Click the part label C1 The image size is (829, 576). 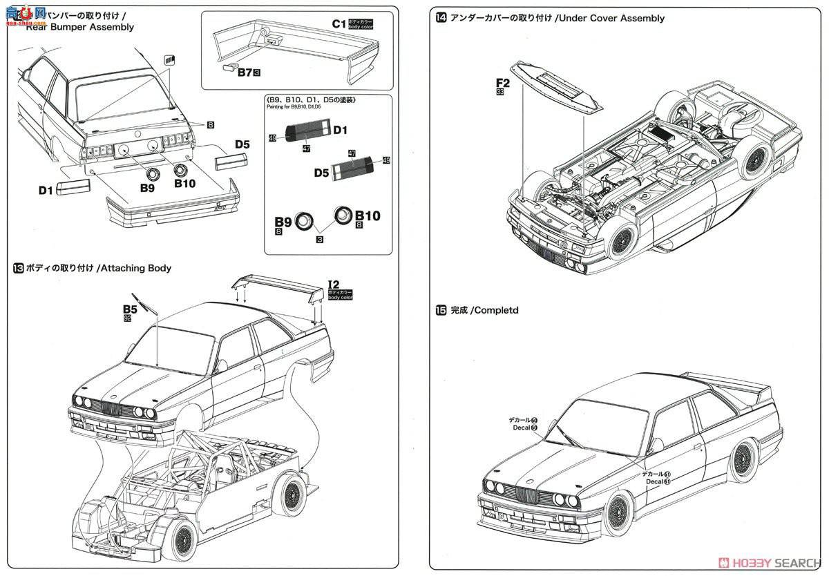click(x=339, y=23)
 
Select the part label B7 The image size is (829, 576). click(x=244, y=71)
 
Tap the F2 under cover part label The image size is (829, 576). click(x=502, y=85)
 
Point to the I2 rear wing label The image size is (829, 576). click(x=333, y=284)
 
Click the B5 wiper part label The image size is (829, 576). click(x=130, y=311)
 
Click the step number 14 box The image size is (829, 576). click(x=441, y=19)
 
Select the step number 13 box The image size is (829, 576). click(x=18, y=268)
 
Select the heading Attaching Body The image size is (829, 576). click(x=136, y=268)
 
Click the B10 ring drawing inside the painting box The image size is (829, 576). click(x=343, y=215)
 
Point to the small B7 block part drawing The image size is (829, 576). click(x=229, y=68)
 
